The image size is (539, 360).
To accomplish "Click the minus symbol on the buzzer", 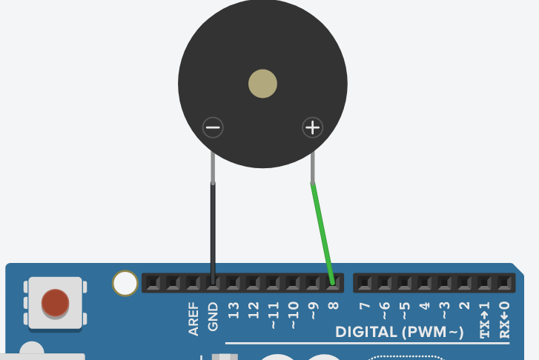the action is point(213,128).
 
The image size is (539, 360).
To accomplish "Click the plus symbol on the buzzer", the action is point(313,128).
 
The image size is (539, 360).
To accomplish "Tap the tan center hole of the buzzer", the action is point(262,84).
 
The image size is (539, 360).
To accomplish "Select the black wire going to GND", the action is point(213,230).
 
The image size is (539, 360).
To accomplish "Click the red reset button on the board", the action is point(55,302).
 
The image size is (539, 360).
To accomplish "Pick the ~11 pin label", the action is point(273,313).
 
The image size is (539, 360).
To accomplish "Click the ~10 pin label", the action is point(293,313).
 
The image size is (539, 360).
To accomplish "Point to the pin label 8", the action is point(333,306).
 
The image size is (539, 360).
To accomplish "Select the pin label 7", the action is point(363,306).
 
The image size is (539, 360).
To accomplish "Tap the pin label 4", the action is point(424,306).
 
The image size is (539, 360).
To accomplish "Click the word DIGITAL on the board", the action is point(366,332).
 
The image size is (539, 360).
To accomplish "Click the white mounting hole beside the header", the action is point(125,282).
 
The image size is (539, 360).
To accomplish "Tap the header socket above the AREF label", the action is point(193,282).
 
